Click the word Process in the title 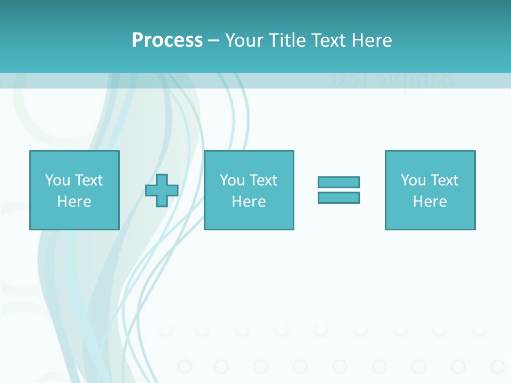(167, 40)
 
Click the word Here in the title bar (373, 40)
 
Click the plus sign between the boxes (162, 190)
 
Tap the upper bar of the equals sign (339, 182)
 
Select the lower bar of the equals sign (339, 197)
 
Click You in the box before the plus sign (57, 180)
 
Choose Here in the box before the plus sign (74, 202)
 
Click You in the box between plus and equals (232, 180)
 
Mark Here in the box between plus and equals (249, 202)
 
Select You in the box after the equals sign (413, 180)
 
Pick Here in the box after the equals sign (430, 202)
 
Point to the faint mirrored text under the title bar (391, 80)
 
